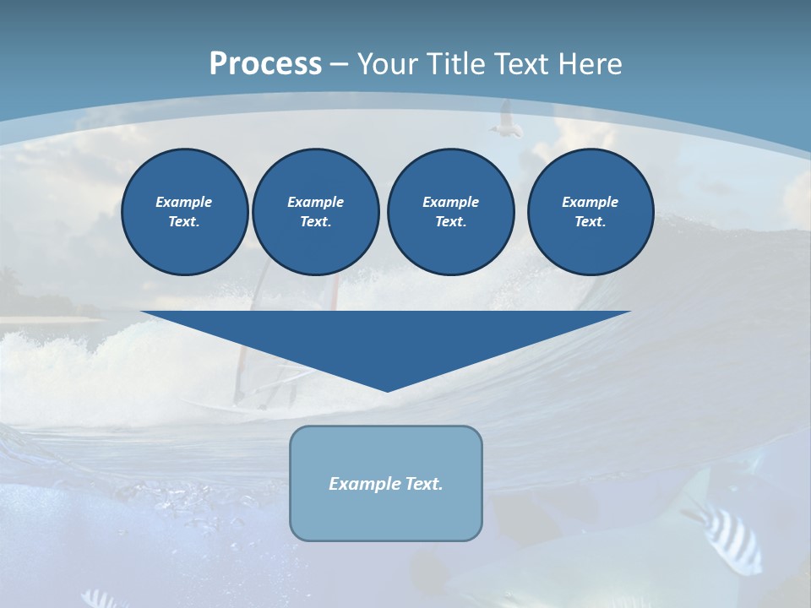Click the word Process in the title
pos(265,64)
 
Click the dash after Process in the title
pos(339,65)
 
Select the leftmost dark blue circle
pos(185,212)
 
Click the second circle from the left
pos(316,212)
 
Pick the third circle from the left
pos(450,212)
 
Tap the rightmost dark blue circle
pos(591,212)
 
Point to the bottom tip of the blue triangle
pos(387,389)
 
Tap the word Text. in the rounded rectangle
pos(423,484)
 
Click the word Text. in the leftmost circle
pos(184,222)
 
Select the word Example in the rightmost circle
pos(591,202)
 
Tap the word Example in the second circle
pos(316,202)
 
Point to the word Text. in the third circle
pos(450,222)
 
